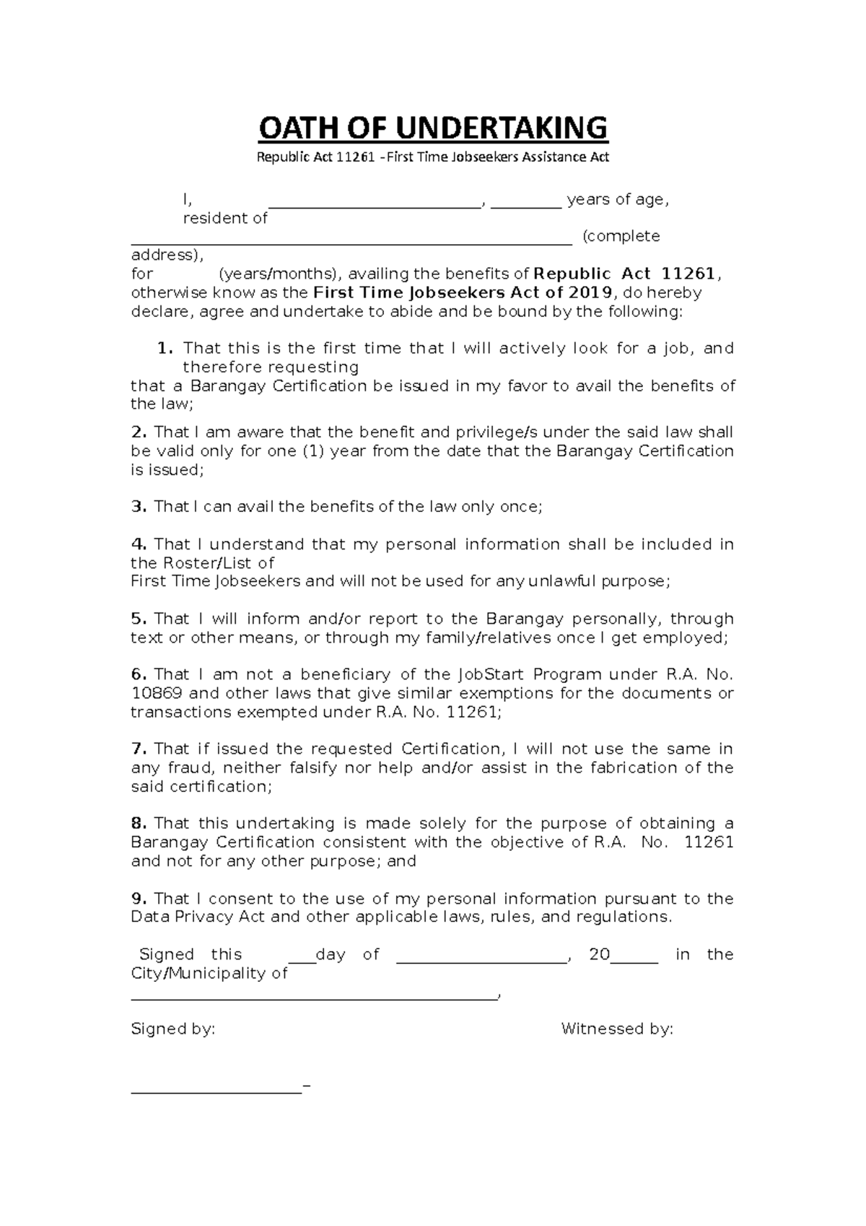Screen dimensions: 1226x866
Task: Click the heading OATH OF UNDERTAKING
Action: (x=433, y=129)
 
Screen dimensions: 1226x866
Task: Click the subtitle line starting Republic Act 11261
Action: (x=433, y=157)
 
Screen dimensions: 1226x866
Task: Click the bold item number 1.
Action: (x=165, y=349)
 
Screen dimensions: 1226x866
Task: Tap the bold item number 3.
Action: (x=139, y=507)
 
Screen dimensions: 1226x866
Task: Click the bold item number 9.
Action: (x=139, y=899)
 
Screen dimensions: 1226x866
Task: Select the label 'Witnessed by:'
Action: (x=617, y=1030)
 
